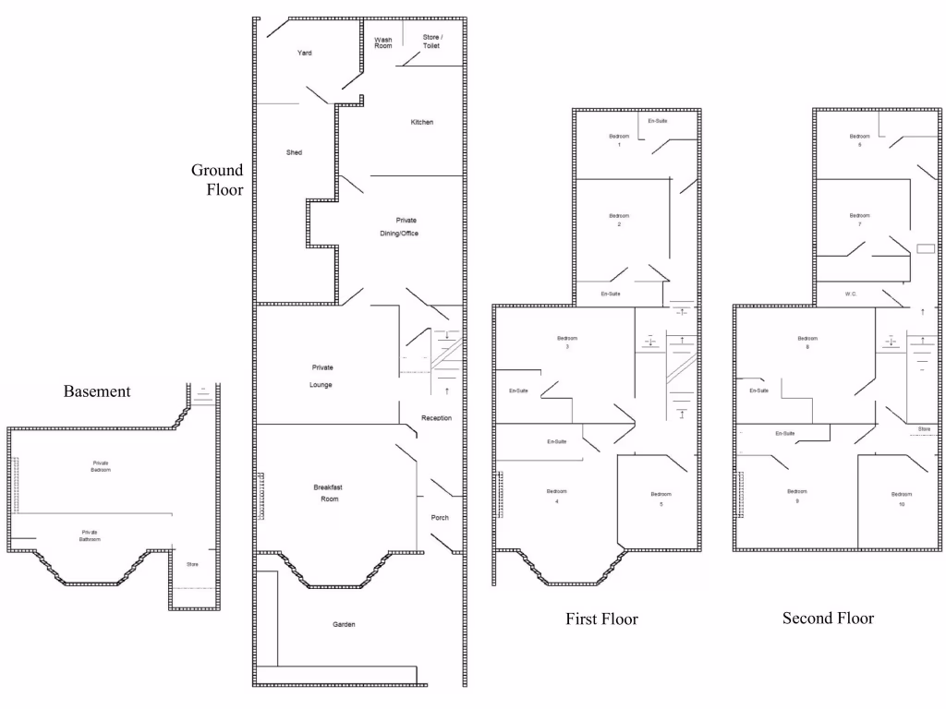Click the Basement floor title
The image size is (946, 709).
[x=97, y=391]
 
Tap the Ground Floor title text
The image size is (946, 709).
[x=218, y=180]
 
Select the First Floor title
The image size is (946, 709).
[x=601, y=619]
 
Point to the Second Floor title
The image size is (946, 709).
[x=828, y=618]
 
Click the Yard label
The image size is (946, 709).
[x=304, y=54]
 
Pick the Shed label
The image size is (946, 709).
[x=294, y=152]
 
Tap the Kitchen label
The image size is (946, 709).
[x=421, y=123]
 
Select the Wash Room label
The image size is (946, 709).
[x=382, y=42]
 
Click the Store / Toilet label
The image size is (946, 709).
[x=431, y=42]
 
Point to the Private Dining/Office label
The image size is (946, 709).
[x=406, y=226]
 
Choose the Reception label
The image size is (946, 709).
[x=436, y=418]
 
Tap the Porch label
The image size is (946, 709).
[x=440, y=518]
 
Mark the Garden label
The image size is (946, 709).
[x=344, y=625]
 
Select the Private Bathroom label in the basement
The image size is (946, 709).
[x=90, y=535]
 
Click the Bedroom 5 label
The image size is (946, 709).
[x=661, y=499]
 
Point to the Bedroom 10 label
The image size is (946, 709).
[x=902, y=499]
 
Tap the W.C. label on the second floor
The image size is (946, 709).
[x=851, y=294]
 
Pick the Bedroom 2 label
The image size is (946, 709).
[x=619, y=220]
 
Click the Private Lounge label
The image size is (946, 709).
[x=321, y=376]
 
